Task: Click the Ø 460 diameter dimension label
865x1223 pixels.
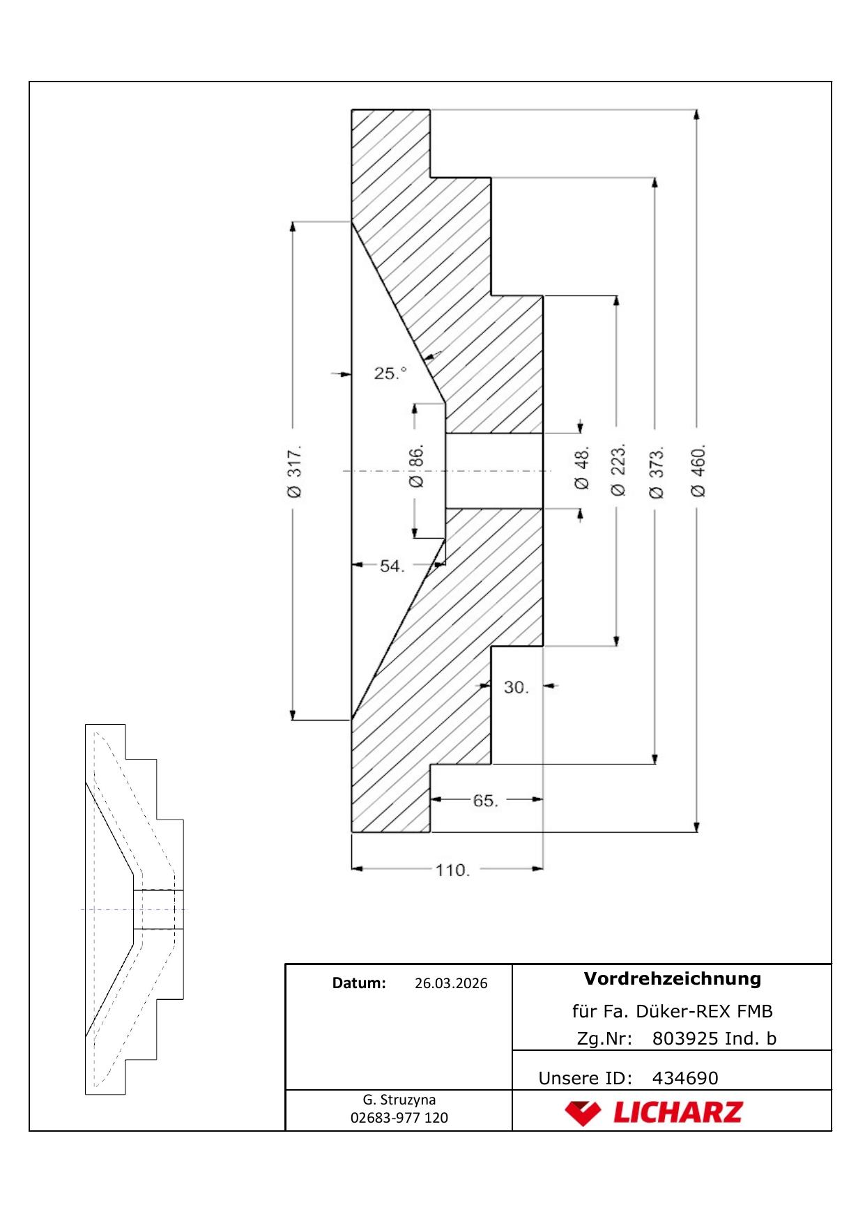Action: [698, 470]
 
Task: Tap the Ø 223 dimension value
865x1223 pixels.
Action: [618, 470]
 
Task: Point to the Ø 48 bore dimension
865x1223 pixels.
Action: [581, 468]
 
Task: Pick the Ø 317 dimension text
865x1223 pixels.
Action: [294, 470]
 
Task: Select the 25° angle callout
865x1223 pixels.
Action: [390, 374]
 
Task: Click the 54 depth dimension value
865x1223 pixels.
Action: [392, 566]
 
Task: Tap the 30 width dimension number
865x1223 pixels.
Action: [516, 687]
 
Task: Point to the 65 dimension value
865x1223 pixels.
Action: [486, 801]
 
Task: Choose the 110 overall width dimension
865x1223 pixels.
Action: [453, 870]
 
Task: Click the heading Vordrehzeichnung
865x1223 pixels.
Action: [673, 978]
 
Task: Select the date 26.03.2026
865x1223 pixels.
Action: [451, 983]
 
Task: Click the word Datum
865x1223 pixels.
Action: [359, 983]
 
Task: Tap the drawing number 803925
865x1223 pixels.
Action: [685, 1038]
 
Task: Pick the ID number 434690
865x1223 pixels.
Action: [685, 1078]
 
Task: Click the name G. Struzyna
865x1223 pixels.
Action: [399, 1100]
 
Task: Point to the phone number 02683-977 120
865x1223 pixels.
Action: [399, 1118]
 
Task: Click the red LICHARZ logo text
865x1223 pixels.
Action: [678, 1113]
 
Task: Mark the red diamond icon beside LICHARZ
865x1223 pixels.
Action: [583, 1113]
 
